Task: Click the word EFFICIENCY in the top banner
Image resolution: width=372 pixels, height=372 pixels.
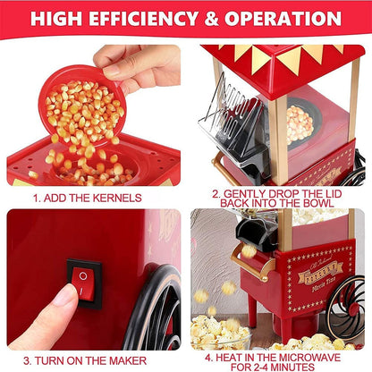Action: click(158, 18)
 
